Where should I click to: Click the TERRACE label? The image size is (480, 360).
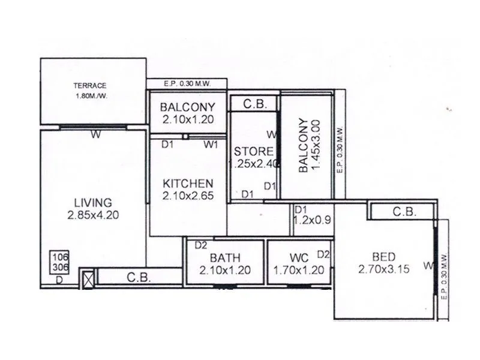(x=90, y=85)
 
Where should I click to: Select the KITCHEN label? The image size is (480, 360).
(x=188, y=184)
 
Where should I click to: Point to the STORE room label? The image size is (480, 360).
(x=253, y=151)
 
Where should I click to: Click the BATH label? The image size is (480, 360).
(x=224, y=257)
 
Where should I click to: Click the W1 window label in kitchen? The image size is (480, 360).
(x=211, y=144)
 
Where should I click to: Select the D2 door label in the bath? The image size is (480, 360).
(x=200, y=245)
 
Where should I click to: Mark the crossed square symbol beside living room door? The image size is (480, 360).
(x=88, y=280)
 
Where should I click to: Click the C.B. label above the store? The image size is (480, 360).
(x=255, y=104)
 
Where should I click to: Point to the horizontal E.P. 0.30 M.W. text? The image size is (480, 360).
(x=186, y=84)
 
